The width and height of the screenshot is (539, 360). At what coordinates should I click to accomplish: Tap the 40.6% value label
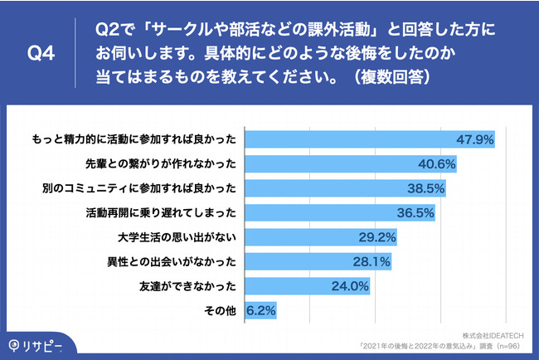[x=437, y=163]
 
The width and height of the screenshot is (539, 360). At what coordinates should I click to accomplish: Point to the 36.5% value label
[x=415, y=213]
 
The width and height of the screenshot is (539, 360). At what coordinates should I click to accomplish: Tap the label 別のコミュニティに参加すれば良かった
[x=141, y=188]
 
